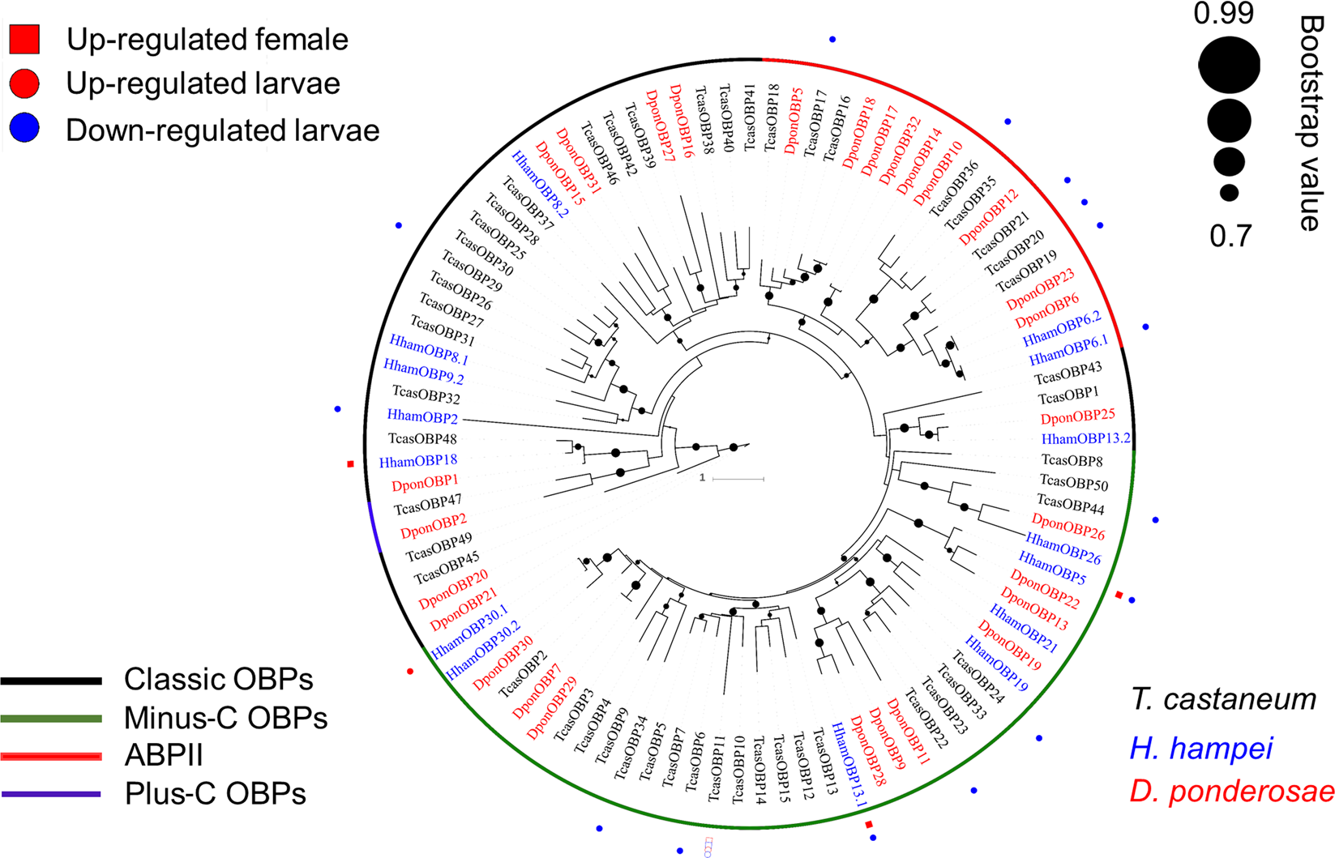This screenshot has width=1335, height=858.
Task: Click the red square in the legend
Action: (x=24, y=39)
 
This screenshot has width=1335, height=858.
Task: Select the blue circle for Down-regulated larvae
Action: (x=24, y=129)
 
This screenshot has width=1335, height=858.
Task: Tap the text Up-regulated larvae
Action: (x=203, y=83)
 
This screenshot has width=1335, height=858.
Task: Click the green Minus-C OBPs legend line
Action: (x=51, y=719)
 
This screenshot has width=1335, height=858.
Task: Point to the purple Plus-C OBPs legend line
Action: (x=51, y=795)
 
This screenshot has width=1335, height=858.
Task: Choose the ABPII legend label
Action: (x=164, y=756)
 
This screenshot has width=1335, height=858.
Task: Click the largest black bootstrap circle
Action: (x=1229, y=66)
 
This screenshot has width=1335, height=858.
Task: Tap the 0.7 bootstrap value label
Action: (x=1230, y=237)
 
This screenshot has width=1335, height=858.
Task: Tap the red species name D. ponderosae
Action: (x=1231, y=792)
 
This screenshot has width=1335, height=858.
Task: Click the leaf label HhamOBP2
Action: (x=422, y=416)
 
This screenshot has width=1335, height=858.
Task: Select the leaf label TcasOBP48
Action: (x=422, y=439)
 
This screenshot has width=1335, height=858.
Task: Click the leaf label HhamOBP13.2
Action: (x=1085, y=439)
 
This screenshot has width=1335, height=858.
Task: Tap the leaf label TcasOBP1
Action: (x=1068, y=395)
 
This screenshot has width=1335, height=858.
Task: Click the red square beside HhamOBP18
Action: (x=350, y=464)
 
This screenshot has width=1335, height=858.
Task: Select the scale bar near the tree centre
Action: (x=738, y=480)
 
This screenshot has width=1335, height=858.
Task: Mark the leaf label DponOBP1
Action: (x=425, y=484)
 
